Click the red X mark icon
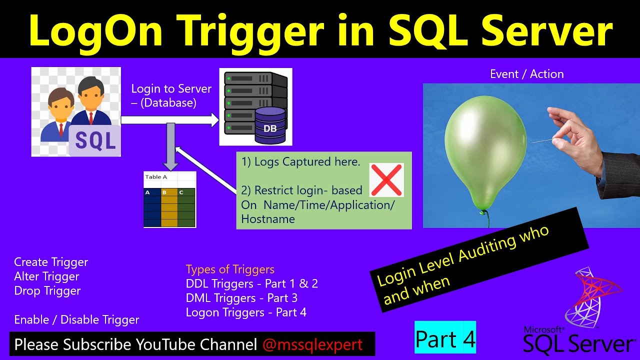[x=386, y=180]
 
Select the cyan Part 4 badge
[x=445, y=338]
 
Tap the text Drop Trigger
[x=47, y=291]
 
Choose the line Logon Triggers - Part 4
[x=246, y=312]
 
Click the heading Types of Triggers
[x=230, y=269]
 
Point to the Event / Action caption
[x=526, y=74]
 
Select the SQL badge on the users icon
[x=95, y=140]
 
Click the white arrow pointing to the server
[x=170, y=120]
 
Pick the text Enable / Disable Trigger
[x=76, y=320]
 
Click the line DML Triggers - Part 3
[x=241, y=298]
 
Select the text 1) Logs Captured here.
[x=300, y=161]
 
